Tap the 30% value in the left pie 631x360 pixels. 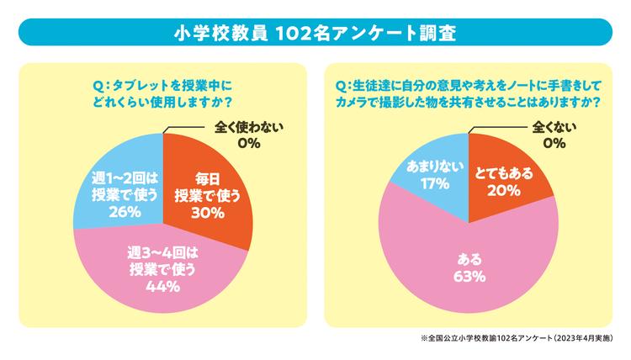pyautogui.click(x=206, y=213)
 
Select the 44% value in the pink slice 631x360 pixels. pyautogui.click(x=162, y=287)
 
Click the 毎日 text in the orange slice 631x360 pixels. pyautogui.click(x=207, y=178)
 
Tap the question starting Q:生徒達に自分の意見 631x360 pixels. pyautogui.click(x=468, y=93)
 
